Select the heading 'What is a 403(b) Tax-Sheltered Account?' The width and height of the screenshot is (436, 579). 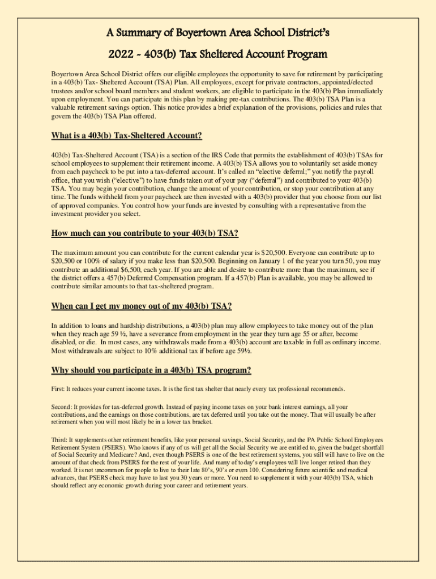pyautogui.click(x=127, y=136)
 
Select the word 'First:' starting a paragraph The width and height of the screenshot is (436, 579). pyautogui.click(x=58, y=389)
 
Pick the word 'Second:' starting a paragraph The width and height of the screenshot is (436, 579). pyautogui.click(x=62, y=407)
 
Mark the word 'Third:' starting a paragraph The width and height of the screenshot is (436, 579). pyautogui.click(x=59, y=439)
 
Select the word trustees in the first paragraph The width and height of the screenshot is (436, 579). pyautogui.click(x=63, y=90)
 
